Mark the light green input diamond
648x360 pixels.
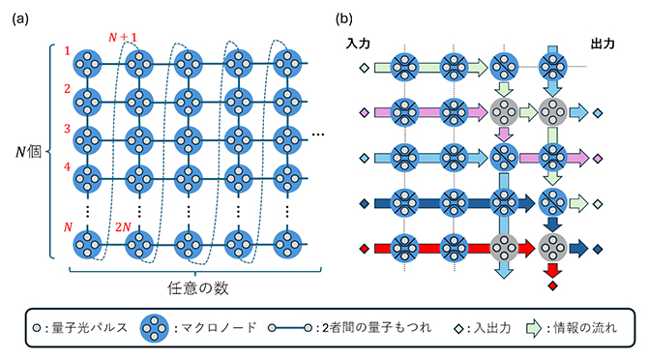(364, 68)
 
